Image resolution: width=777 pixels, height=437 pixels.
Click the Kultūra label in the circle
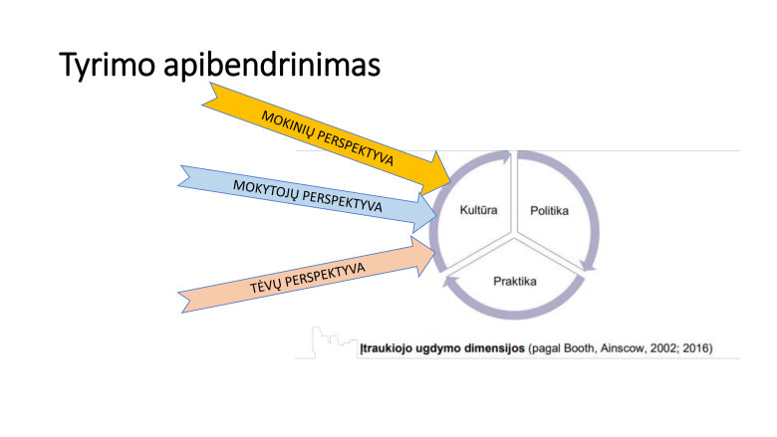(x=479, y=210)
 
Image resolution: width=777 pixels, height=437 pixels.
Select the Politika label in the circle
(x=551, y=210)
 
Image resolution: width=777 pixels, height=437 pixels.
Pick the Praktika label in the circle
(x=515, y=281)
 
